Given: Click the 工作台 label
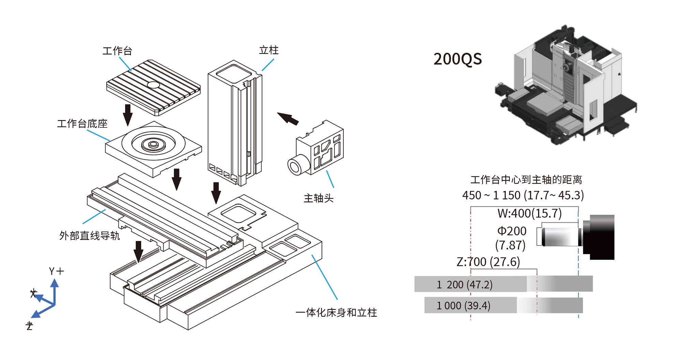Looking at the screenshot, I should [117, 51].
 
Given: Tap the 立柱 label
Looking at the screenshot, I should [269, 50].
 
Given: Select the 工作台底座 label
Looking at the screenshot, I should [82, 124].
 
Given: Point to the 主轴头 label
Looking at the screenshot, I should [318, 198].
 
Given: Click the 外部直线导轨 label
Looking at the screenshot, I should [89, 236].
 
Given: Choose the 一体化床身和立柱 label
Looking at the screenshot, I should [336, 313].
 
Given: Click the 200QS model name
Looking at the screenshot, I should [458, 59].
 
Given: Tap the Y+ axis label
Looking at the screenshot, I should [56, 271].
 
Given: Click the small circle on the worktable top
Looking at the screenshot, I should [153, 85].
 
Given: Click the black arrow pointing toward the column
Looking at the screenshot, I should [288, 118].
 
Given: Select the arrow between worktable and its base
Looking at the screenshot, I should [128, 115].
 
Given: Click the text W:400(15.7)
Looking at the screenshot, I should [529, 213].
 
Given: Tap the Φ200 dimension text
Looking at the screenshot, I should [512, 231].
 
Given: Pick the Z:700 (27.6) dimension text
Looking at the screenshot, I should [488, 262].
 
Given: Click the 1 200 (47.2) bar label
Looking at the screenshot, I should [464, 284].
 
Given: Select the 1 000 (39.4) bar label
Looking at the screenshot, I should [463, 305].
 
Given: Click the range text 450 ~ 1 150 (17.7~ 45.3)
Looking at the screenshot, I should [523, 195].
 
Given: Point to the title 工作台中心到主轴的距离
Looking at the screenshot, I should [526, 180].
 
